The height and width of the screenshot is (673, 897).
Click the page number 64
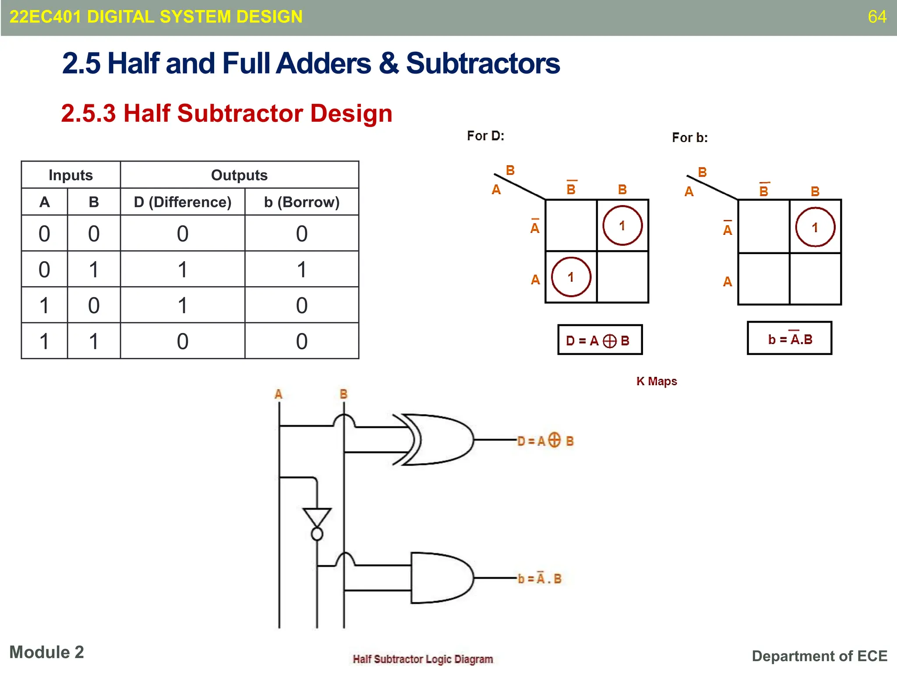pyautogui.click(x=876, y=17)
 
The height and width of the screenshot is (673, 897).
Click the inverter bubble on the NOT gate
pyautogui.click(x=317, y=534)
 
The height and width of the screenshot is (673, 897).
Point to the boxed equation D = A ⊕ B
pyautogui.click(x=600, y=340)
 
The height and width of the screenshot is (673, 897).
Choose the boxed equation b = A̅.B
pyautogui.click(x=789, y=339)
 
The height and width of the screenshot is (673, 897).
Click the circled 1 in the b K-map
pyautogui.click(x=815, y=227)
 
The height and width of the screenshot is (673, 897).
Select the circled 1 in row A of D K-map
pyautogui.click(x=571, y=277)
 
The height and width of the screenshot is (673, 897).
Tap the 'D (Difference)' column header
pyautogui.click(x=182, y=202)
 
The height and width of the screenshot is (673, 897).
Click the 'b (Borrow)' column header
pyautogui.click(x=302, y=202)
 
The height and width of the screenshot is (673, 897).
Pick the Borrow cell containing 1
pyautogui.click(x=302, y=269)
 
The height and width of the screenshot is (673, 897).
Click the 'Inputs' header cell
pyautogui.click(x=71, y=175)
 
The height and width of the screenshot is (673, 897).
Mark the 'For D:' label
pyautogui.click(x=485, y=136)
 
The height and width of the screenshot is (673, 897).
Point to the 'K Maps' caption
pyautogui.click(x=657, y=381)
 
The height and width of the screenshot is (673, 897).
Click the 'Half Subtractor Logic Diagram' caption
pyautogui.click(x=423, y=659)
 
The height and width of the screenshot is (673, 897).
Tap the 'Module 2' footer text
pyautogui.click(x=46, y=652)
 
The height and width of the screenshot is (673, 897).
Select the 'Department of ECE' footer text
pyautogui.click(x=819, y=656)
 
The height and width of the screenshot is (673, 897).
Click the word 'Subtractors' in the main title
pyautogui.click(x=483, y=64)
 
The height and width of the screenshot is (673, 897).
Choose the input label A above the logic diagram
pyautogui.click(x=279, y=394)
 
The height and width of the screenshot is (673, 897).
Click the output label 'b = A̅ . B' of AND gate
pyautogui.click(x=540, y=579)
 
